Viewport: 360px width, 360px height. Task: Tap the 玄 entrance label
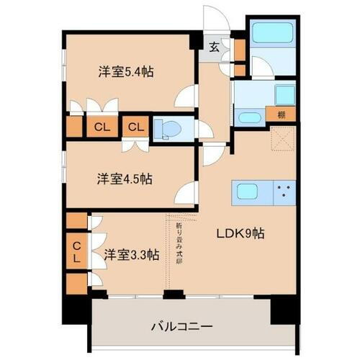(x=215, y=48)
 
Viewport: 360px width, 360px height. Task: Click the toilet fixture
(x=170, y=129)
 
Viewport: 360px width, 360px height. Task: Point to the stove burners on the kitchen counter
(x=284, y=192)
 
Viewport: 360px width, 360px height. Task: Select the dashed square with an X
(x=283, y=138)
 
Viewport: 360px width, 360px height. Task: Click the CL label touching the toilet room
(x=135, y=128)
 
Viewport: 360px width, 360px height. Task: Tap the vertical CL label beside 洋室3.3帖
(x=76, y=251)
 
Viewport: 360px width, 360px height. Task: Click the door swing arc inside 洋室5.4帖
(x=187, y=96)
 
